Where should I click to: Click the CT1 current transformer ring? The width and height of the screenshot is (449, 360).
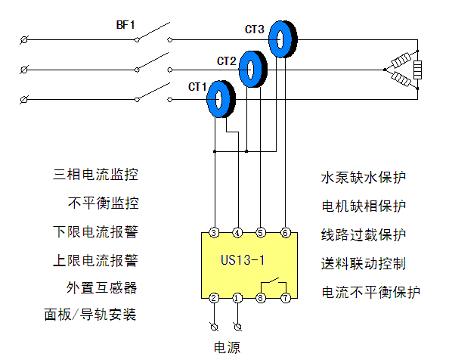(x=212, y=99)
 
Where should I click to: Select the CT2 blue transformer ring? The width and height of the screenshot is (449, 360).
(x=244, y=69)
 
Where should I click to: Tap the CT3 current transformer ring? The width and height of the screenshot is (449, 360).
(x=274, y=39)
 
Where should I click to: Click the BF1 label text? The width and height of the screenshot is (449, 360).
(x=125, y=25)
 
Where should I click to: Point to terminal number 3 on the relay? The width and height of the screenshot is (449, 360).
(x=214, y=232)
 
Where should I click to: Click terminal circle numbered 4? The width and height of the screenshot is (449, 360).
(x=237, y=232)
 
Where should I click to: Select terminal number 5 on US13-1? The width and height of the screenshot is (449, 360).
(x=260, y=232)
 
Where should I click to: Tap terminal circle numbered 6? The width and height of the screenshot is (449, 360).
(x=285, y=232)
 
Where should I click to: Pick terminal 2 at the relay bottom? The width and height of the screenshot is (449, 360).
(x=214, y=298)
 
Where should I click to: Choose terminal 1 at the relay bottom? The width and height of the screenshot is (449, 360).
(x=237, y=298)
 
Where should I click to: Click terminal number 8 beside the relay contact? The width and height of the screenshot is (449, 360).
(x=260, y=298)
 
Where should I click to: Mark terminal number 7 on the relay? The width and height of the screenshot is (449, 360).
(x=286, y=298)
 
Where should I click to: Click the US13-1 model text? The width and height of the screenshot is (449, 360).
(x=243, y=260)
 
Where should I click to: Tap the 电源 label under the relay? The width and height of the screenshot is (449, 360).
(x=227, y=347)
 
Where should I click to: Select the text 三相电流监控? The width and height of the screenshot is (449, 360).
(x=95, y=175)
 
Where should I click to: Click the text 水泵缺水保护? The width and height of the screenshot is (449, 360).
(x=364, y=178)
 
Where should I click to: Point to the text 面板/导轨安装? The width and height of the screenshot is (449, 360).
(x=90, y=315)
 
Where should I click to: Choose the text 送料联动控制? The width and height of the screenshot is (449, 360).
(x=364, y=263)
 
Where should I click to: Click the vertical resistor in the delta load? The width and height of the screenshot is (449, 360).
(x=417, y=70)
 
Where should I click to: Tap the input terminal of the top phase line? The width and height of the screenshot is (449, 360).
(x=24, y=40)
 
